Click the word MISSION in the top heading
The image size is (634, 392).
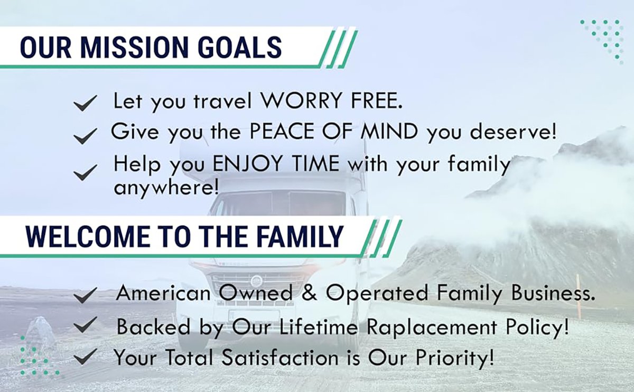134,47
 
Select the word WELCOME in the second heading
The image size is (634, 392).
88,237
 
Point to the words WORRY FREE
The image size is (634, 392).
331,100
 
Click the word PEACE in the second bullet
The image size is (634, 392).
282,131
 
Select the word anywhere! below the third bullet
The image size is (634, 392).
166,187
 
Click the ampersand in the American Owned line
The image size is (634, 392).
310,292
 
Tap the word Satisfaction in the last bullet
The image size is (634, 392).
280,357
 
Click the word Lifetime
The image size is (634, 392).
319,326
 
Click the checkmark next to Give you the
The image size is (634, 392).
85,136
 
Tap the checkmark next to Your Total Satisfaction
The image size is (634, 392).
85,356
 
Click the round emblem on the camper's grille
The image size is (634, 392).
257,281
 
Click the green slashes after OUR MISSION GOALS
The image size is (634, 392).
338,49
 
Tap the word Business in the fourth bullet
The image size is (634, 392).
553,292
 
